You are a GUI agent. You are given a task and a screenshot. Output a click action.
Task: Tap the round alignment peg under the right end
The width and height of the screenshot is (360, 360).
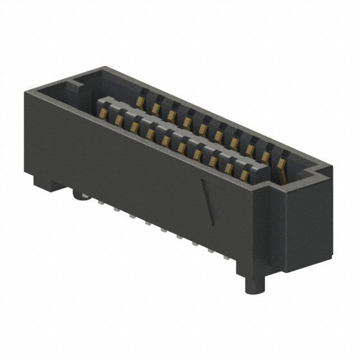(x=255, y=283)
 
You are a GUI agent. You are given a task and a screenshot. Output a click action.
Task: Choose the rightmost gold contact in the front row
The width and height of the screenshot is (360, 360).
(x=244, y=175)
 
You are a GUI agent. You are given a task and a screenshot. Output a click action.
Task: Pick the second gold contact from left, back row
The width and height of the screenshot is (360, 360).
(x=155, y=107)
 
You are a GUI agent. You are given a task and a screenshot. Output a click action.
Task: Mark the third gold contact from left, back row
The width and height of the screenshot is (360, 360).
(x=170, y=114)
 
